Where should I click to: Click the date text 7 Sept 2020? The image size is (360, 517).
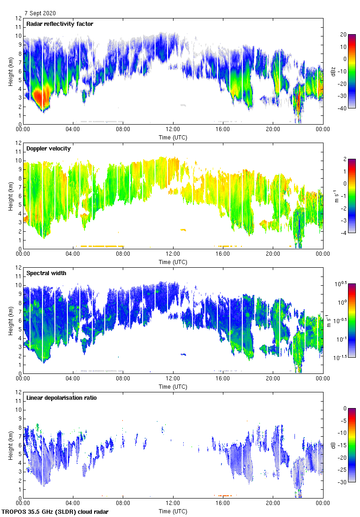tap(41, 13)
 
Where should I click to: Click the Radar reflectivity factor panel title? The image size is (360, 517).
tap(60, 24)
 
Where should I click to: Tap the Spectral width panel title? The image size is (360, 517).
tap(47, 273)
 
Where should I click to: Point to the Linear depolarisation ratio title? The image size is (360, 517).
tap(61, 398)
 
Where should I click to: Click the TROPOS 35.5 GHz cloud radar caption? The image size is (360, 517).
tap(55, 512)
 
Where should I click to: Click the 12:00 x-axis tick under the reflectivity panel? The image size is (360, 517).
tap(173, 130)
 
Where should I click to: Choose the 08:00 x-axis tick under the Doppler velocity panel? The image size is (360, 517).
tap(123, 254)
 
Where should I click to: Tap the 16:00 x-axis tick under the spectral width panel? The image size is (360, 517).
tap(223, 379)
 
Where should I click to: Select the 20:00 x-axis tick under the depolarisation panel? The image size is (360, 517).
tap(273, 504)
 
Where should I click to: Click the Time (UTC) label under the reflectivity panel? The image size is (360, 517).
tap(173, 138)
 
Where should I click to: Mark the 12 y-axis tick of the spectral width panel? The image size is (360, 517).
tap(18, 268)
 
